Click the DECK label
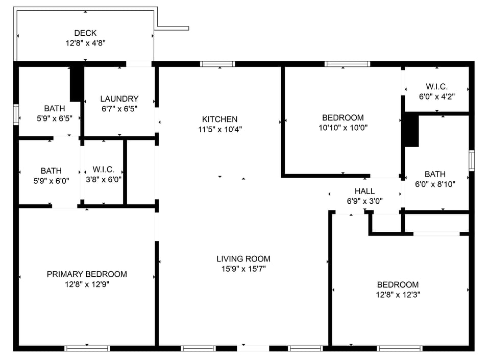pos(85,33)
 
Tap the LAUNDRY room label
pos(119,99)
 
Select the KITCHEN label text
pos(219,119)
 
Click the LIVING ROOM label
pos(243,259)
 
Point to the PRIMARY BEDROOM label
pos(87,274)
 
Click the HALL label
pos(364,191)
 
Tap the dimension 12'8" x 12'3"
pos(398,295)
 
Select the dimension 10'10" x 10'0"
pos(343,128)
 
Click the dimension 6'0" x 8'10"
pos(434,184)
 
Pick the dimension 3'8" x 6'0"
pos(107,180)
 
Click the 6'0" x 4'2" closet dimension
pos(436,96)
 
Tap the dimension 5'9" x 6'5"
pos(54,118)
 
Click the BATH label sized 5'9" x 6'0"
pos(51,171)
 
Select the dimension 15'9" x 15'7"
pos(243,269)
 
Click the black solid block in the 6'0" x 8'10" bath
pos(411,131)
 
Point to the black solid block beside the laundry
pos(77,84)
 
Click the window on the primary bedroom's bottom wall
pos(87,348)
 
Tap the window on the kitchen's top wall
pos(217,64)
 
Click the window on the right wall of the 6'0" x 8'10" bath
pos(472,160)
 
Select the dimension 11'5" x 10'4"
pos(219,129)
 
